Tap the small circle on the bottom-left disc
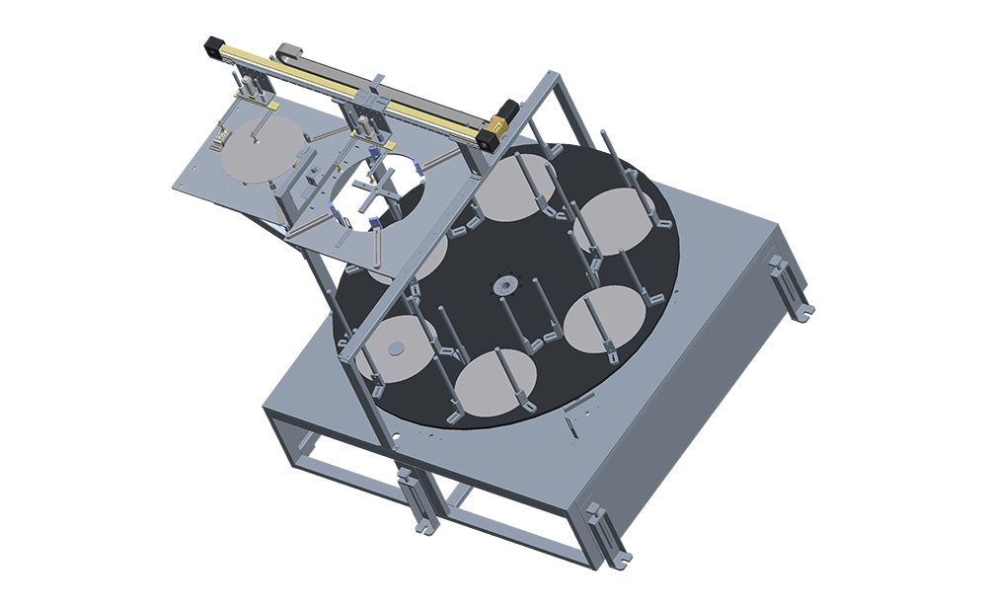396,346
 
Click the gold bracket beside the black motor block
500,126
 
